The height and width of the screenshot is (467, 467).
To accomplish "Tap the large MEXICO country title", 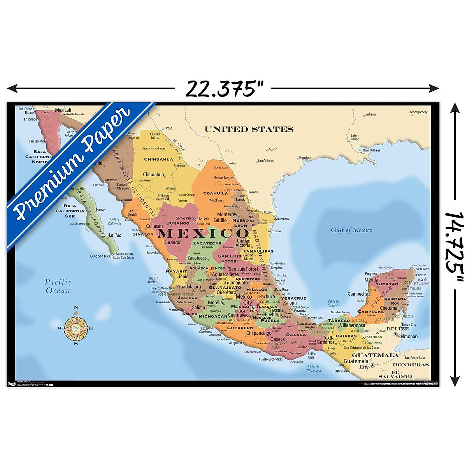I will pyautogui.click(x=203, y=233).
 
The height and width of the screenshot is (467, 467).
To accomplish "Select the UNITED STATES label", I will pyautogui.click(x=249, y=129).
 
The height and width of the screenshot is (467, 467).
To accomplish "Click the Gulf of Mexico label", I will pyautogui.click(x=351, y=230).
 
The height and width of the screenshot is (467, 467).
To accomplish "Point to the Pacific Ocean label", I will pyautogui.click(x=58, y=286).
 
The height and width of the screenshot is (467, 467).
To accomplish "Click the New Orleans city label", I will pyautogui.click(x=371, y=150).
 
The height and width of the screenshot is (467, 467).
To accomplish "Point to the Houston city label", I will pyautogui.click(x=305, y=158).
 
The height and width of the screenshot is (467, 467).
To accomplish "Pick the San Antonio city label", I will pyautogui.click(x=266, y=160).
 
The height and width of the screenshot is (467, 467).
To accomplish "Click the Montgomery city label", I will pyautogui.click(x=418, y=112).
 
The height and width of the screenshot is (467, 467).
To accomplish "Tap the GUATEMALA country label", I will pyautogui.click(x=375, y=355).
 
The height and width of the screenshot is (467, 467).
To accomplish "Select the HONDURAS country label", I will pyautogui.click(x=411, y=365).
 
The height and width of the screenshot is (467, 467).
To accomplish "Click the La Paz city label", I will pyautogui.click(x=115, y=235).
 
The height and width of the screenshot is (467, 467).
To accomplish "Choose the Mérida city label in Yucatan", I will pyautogui.click(x=371, y=280).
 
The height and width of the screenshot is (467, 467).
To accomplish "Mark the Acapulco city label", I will pyautogui.click(x=235, y=343).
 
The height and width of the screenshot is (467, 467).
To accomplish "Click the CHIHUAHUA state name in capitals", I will pyautogui.click(x=158, y=159).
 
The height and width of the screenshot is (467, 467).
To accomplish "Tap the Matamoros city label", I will pyautogui.click(x=281, y=219).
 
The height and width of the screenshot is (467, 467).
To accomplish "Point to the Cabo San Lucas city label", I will pyautogui.click(x=101, y=256).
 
